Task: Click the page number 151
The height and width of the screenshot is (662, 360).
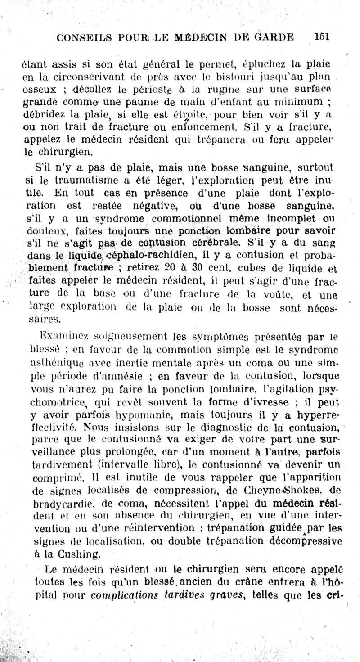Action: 322,38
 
